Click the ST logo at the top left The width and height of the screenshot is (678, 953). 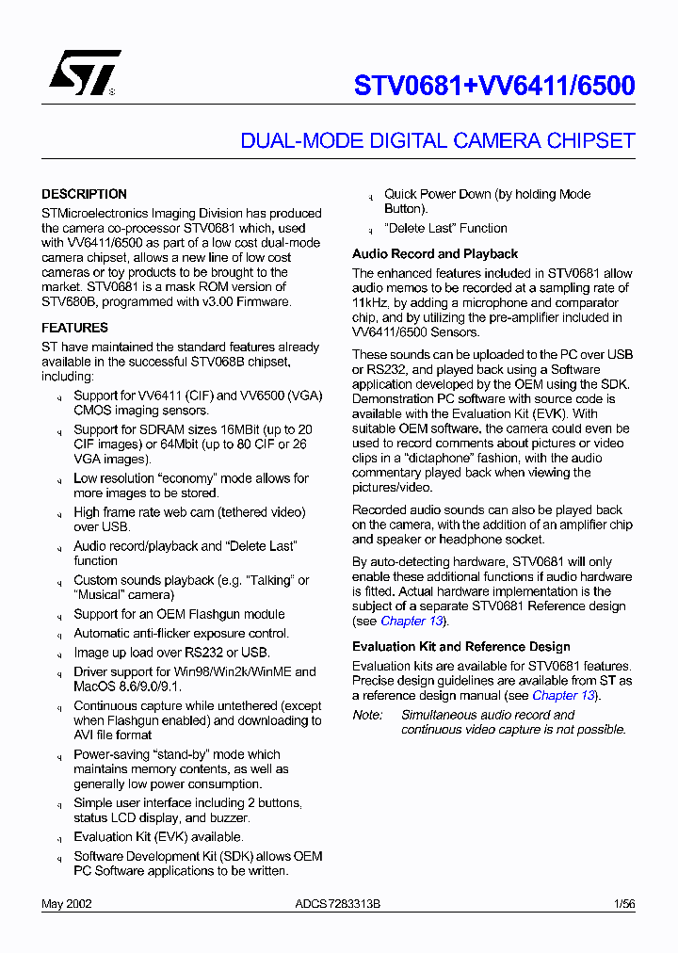[85, 73]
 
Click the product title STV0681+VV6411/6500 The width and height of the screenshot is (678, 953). [494, 86]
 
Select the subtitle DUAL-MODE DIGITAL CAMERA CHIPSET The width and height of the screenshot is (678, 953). [438, 141]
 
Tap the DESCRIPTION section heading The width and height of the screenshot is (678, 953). [84, 194]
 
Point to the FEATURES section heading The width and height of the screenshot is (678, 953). [74, 328]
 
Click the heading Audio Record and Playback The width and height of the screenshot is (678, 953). [435, 253]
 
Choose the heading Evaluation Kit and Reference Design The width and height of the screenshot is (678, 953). [460, 647]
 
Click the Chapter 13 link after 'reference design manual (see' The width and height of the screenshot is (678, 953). [563, 695]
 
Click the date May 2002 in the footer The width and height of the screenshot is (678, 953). [66, 904]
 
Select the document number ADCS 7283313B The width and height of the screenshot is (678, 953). [337, 904]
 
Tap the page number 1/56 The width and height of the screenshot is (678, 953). [624, 904]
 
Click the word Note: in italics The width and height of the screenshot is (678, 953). [368, 715]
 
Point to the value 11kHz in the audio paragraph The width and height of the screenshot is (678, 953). [371, 303]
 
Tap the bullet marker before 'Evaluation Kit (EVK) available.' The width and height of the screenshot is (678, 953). [58, 838]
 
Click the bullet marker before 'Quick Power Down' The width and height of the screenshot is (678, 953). [369, 196]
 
